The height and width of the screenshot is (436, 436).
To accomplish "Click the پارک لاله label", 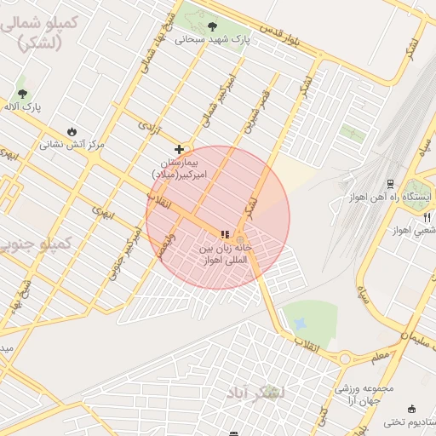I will point(22,106).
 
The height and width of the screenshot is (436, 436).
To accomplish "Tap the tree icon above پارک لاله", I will point(22,93).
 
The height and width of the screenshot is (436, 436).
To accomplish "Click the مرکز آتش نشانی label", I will point(72,145).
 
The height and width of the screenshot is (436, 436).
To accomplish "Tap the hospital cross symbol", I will point(179,149).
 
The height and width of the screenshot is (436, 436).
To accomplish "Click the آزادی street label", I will point(148,128).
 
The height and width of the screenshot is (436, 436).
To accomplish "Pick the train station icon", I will point(390,184).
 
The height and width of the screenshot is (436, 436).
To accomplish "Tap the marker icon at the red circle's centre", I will point(225,234).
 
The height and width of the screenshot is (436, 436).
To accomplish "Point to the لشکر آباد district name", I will point(256,393).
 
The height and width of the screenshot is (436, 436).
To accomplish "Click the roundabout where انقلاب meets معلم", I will point(345,359).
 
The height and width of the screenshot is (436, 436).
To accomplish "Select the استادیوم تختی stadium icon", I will point(412,409).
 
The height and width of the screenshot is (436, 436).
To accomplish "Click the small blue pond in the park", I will point(299,324).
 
